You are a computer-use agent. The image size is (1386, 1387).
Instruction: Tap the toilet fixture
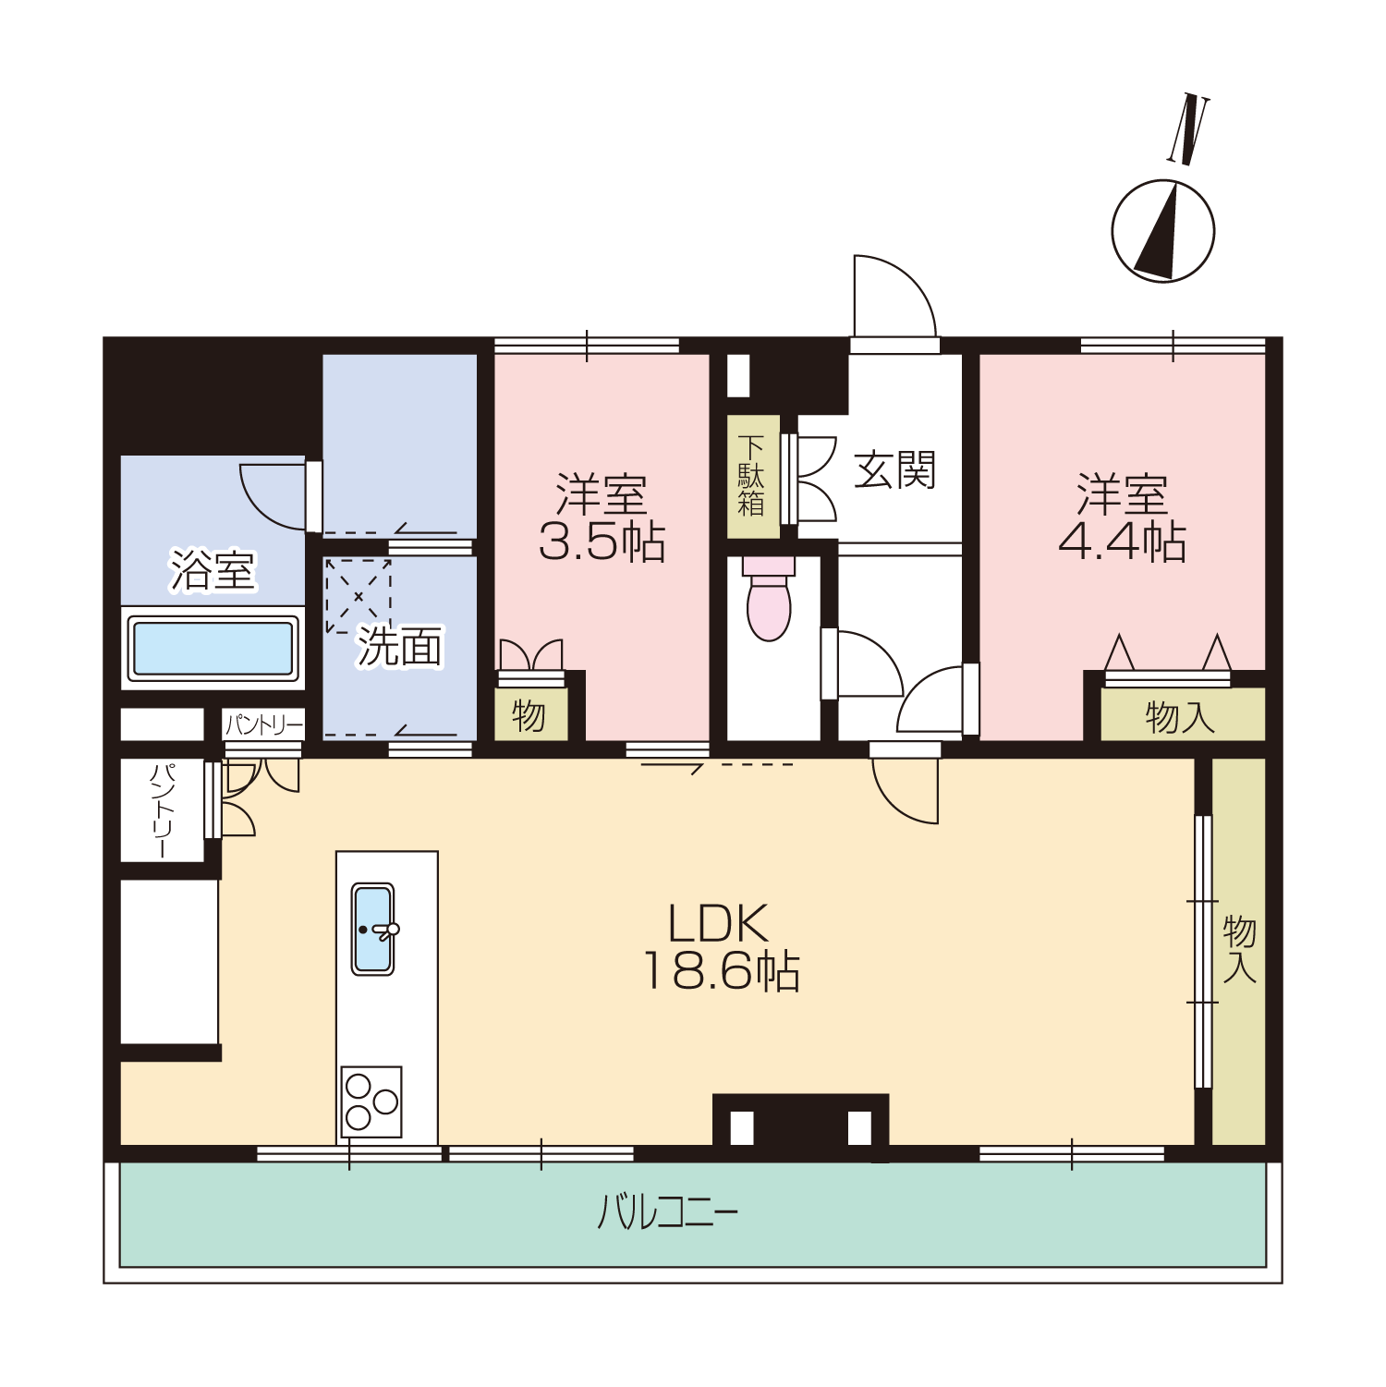[x=769, y=598]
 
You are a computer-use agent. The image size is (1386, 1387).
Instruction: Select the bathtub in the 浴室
[x=213, y=648]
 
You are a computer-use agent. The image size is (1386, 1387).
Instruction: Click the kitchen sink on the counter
[x=373, y=929]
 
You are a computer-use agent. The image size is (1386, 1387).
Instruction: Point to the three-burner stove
[x=371, y=1101]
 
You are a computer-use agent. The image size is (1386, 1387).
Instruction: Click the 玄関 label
[x=895, y=470]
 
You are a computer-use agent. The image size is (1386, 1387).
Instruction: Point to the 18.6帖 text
[x=722, y=971]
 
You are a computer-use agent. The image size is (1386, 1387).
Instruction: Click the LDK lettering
[x=718, y=923]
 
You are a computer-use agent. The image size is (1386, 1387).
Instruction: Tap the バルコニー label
[x=668, y=1211]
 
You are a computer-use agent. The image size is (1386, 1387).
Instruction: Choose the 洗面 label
[x=400, y=646]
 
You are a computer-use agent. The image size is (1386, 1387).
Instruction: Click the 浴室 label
[x=213, y=569]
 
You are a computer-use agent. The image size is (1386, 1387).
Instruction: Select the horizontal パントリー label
[x=264, y=724]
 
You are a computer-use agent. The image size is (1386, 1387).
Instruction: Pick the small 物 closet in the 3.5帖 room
[x=530, y=714]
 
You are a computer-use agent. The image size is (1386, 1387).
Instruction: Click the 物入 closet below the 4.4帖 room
[x=1182, y=714]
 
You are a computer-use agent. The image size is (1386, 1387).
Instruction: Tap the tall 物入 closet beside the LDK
[x=1238, y=952]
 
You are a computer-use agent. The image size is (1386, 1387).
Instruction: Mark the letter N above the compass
[x=1188, y=129]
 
